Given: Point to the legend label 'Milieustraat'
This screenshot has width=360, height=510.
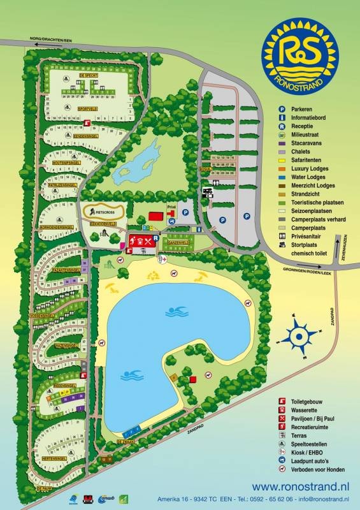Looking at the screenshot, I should click(306, 135).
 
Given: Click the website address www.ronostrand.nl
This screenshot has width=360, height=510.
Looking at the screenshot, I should click(301, 486).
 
